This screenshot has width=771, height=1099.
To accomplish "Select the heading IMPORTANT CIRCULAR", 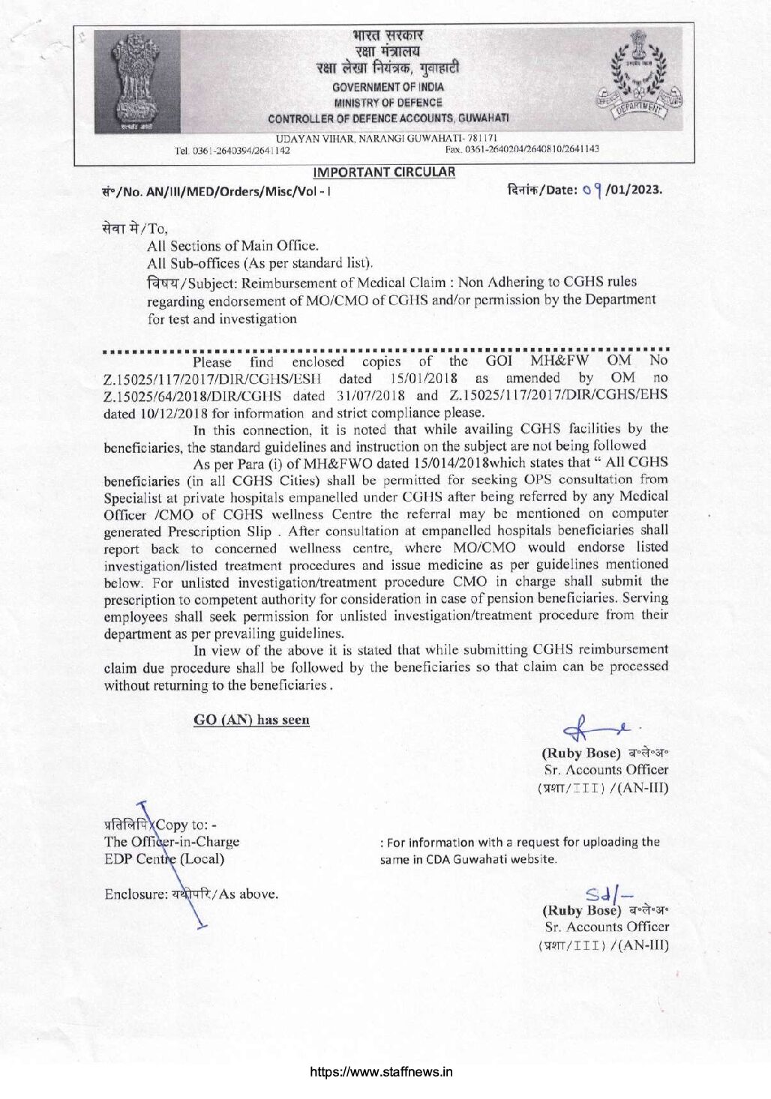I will [x=384, y=172].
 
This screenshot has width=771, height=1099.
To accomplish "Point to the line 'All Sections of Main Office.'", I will [x=232, y=246].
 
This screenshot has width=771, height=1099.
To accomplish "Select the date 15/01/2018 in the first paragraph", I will [x=424, y=378].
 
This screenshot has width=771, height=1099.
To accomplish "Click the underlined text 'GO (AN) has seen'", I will [x=251, y=720].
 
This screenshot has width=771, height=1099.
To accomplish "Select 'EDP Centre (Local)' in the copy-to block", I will [x=164, y=859].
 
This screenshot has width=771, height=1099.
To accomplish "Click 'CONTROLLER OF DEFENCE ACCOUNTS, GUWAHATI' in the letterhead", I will [x=388, y=118].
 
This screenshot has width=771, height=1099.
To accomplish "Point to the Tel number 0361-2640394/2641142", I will [x=232, y=150].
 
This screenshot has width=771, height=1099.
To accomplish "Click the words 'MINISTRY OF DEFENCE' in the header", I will [x=388, y=103].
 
